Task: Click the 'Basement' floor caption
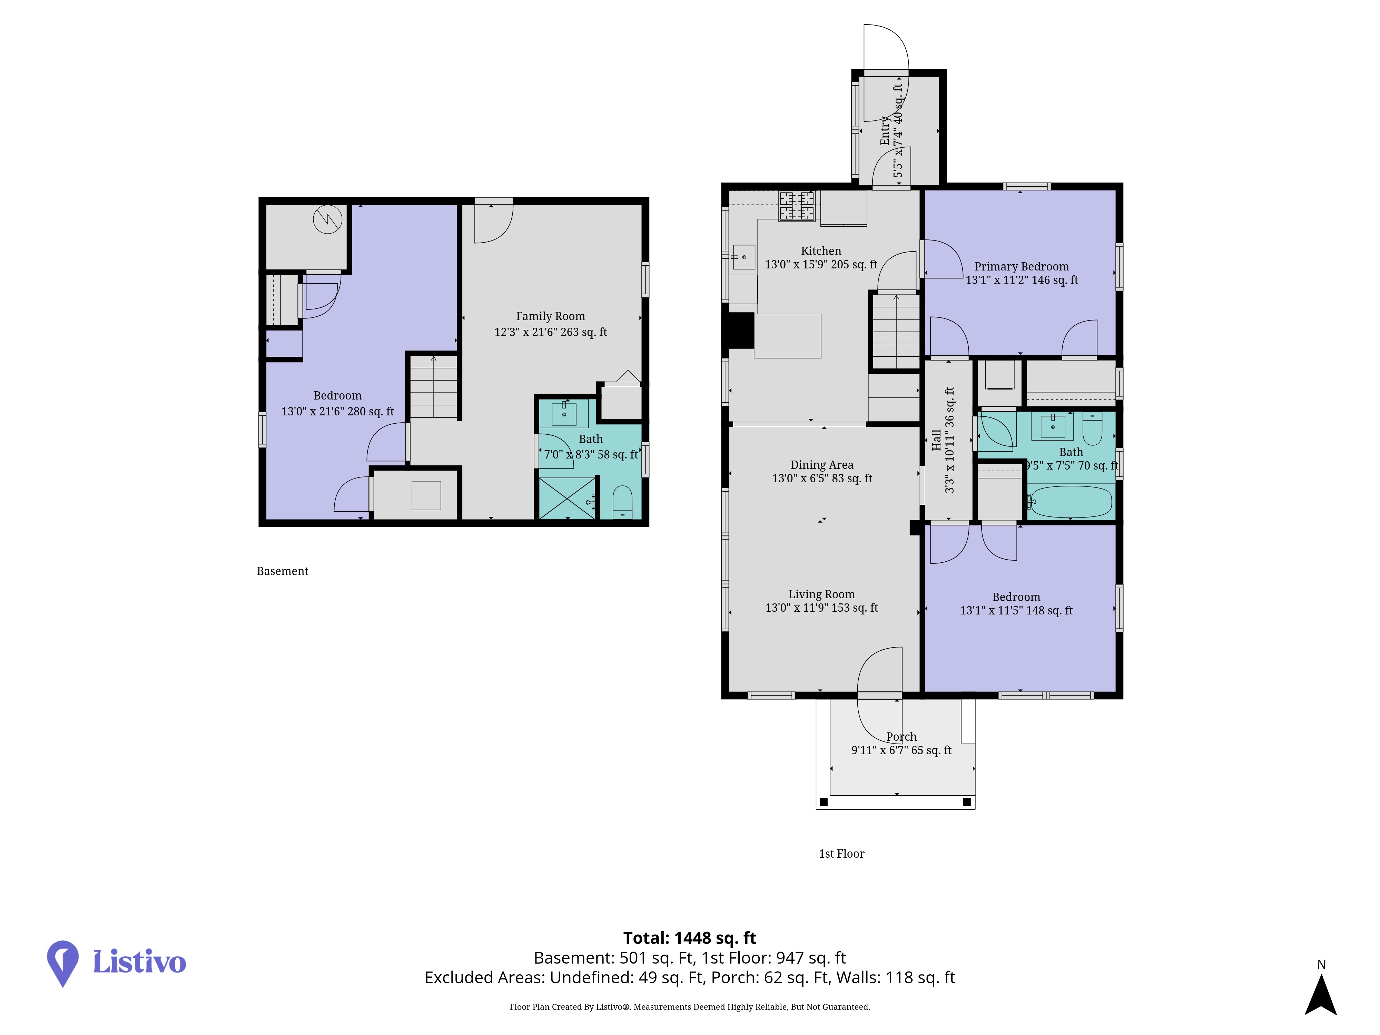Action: [x=283, y=571]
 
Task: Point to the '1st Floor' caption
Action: [x=841, y=854]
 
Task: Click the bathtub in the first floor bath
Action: [x=1071, y=502]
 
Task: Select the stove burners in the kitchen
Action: [x=796, y=206]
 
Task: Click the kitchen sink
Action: [x=744, y=257]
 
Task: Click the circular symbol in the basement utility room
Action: [x=327, y=219]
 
